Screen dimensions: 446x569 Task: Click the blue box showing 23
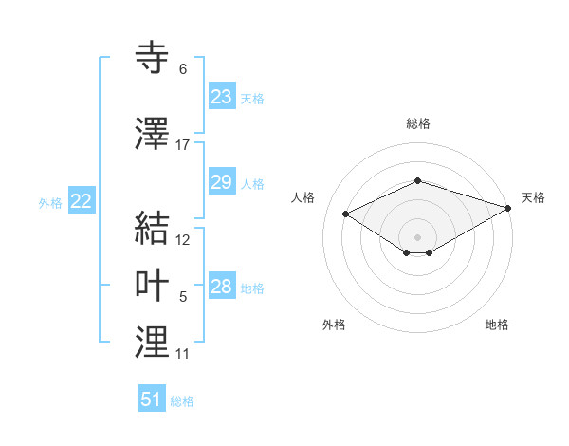(221, 97)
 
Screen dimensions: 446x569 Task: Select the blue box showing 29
(221, 182)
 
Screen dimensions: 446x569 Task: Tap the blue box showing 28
(221, 287)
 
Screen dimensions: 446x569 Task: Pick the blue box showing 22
(82, 201)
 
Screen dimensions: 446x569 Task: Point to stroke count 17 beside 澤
(183, 145)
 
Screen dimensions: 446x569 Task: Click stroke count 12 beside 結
(183, 240)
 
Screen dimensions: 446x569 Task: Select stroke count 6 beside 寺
(183, 69)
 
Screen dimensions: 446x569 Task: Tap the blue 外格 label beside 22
(50, 202)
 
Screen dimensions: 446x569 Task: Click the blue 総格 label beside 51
(182, 401)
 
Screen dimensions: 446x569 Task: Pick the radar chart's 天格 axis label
(533, 197)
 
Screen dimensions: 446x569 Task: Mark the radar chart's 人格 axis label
(303, 197)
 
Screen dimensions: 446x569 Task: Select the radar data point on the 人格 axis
(346, 214)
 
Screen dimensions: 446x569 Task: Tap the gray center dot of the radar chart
(417, 236)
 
